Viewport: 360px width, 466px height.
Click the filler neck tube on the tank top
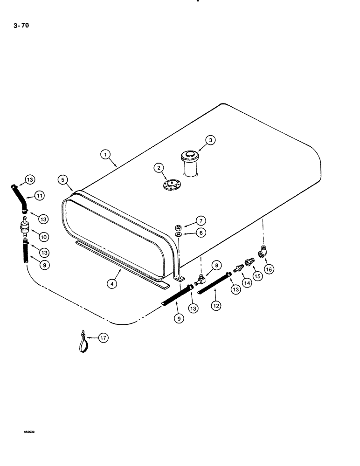(191, 164)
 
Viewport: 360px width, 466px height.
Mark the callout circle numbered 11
(40, 196)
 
